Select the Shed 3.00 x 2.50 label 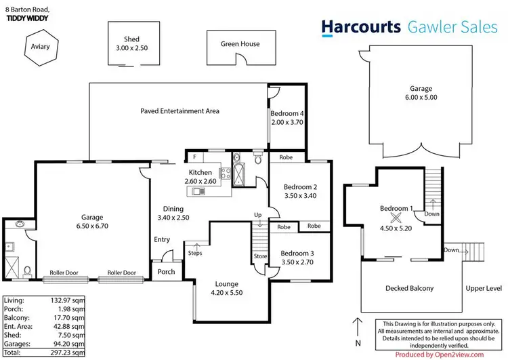pos(131,44)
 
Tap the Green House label pos(240,44)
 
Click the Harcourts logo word pos(361,26)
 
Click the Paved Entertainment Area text pos(179,111)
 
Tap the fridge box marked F pos(194,157)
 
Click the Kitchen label pos(200,173)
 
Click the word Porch pos(166,272)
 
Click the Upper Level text pos(482,288)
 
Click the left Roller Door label pos(63,273)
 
